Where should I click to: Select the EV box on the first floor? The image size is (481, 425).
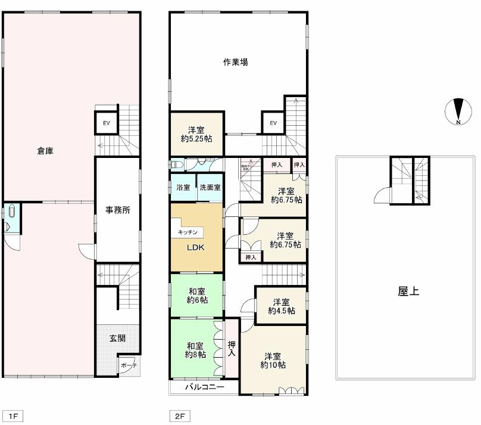click(107, 123)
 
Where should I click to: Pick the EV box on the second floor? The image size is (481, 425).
click(273, 123)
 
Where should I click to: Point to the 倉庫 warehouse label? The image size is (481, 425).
click(45, 151)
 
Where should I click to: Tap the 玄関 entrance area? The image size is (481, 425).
click(117, 338)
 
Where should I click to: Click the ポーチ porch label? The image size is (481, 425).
click(128, 365)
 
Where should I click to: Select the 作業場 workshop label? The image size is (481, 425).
click(236, 61)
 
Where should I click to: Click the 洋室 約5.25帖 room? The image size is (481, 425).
click(196, 134)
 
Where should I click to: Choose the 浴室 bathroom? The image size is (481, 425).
click(183, 187)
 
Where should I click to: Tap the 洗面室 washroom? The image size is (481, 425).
click(210, 187)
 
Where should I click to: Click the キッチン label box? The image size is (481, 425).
click(188, 232)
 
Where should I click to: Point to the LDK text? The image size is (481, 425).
click(196, 248)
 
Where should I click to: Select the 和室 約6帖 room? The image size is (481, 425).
click(197, 296)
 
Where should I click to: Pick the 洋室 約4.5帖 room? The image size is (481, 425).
click(281, 306)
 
